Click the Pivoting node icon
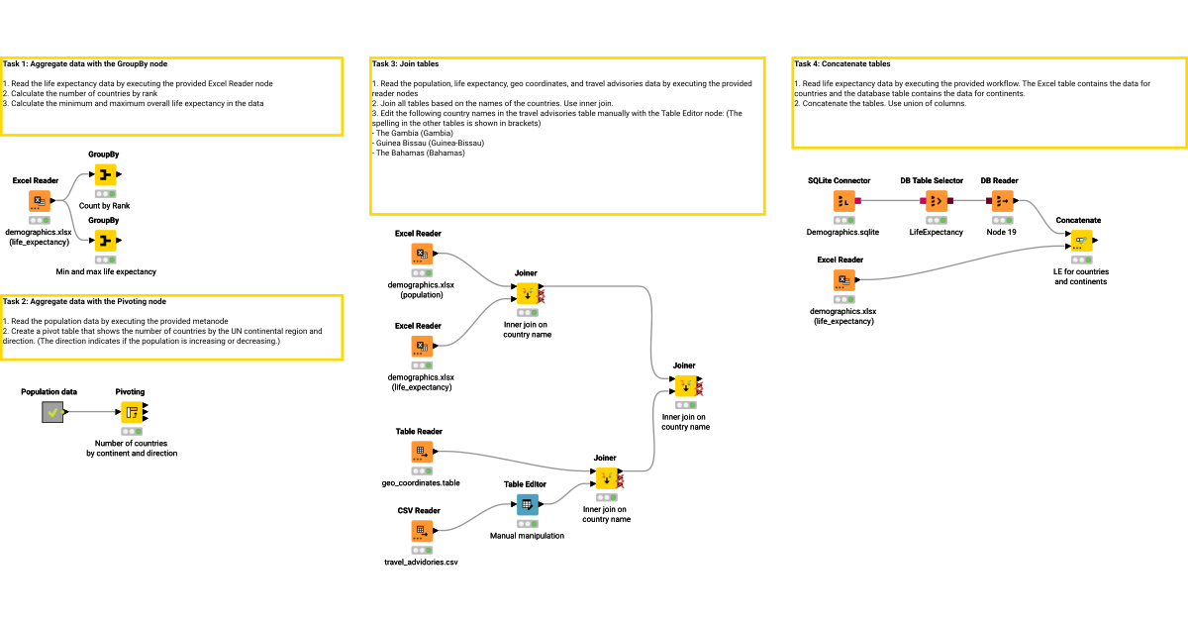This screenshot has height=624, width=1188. [x=132, y=412]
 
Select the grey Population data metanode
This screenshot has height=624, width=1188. [x=53, y=412]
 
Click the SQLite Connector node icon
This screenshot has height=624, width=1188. [x=843, y=201]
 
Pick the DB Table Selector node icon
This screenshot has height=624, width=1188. [x=936, y=201]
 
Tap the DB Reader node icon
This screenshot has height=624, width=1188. [x=1002, y=201]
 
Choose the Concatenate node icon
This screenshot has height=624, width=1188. [x=1080, y=240]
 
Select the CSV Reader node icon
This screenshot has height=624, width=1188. [x=423, y=531]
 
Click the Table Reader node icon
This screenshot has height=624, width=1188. [x=423, y=452]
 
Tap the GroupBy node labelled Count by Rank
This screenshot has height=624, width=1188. [x=105, y=175]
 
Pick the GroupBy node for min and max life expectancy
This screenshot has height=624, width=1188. [x=105, y=240]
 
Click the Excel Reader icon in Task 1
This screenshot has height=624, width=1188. [x=40, y=201]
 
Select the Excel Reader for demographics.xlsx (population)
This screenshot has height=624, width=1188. [x=423, y=254]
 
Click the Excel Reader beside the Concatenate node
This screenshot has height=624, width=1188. [x=843, y=280]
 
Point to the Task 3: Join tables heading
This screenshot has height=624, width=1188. [x=406, y=63]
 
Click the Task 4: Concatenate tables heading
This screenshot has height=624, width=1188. [x=841, y=63]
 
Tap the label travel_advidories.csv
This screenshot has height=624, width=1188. [x=421, y=563]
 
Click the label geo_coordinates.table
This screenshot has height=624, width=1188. [x=421, y=483]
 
